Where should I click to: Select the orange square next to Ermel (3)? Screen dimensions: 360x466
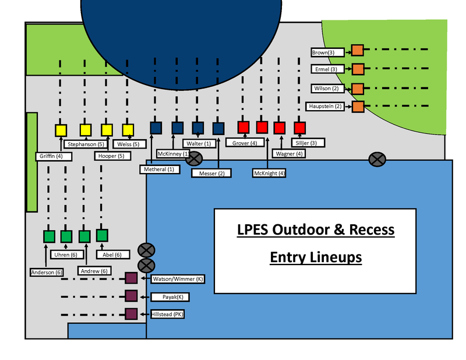point(358,69)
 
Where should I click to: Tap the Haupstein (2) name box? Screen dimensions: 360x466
point(327,107)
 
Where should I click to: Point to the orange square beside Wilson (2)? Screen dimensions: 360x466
point(358,89)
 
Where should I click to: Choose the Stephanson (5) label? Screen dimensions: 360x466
point(86,144)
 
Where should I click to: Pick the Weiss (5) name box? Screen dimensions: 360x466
point(128,144)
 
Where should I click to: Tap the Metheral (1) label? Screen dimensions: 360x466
point(158,169)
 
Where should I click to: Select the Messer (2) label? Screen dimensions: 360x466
point(211,173)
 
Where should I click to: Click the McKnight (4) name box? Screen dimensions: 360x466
point(269,173)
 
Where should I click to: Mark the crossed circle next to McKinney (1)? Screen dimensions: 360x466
point(194,158)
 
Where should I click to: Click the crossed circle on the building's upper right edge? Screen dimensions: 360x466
point(377,158)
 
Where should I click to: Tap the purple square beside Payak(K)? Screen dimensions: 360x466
point(131,297)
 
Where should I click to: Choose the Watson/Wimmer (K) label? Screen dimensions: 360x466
point(178,279)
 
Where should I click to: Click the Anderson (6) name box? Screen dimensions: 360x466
point(47,271)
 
